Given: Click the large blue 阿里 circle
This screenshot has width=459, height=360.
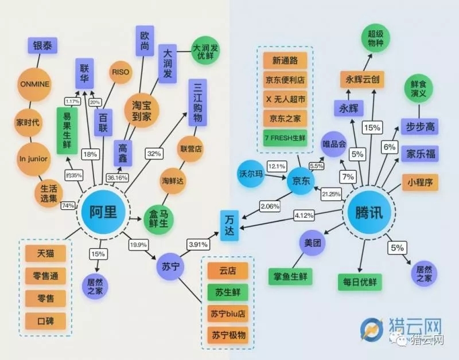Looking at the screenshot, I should (x=103, y=213).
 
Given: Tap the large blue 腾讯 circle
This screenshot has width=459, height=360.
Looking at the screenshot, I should (x=371, y=213).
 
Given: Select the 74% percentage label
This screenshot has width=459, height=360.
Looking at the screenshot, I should (x=68, y=205).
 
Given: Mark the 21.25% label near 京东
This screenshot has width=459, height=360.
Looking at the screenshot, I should (x=332, y=194).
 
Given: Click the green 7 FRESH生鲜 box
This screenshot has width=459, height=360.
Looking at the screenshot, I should (x=286, y=138).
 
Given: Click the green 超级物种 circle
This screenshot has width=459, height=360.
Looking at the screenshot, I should (x=376, y=38).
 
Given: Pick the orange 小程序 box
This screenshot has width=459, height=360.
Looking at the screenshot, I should (x=420, y=182).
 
